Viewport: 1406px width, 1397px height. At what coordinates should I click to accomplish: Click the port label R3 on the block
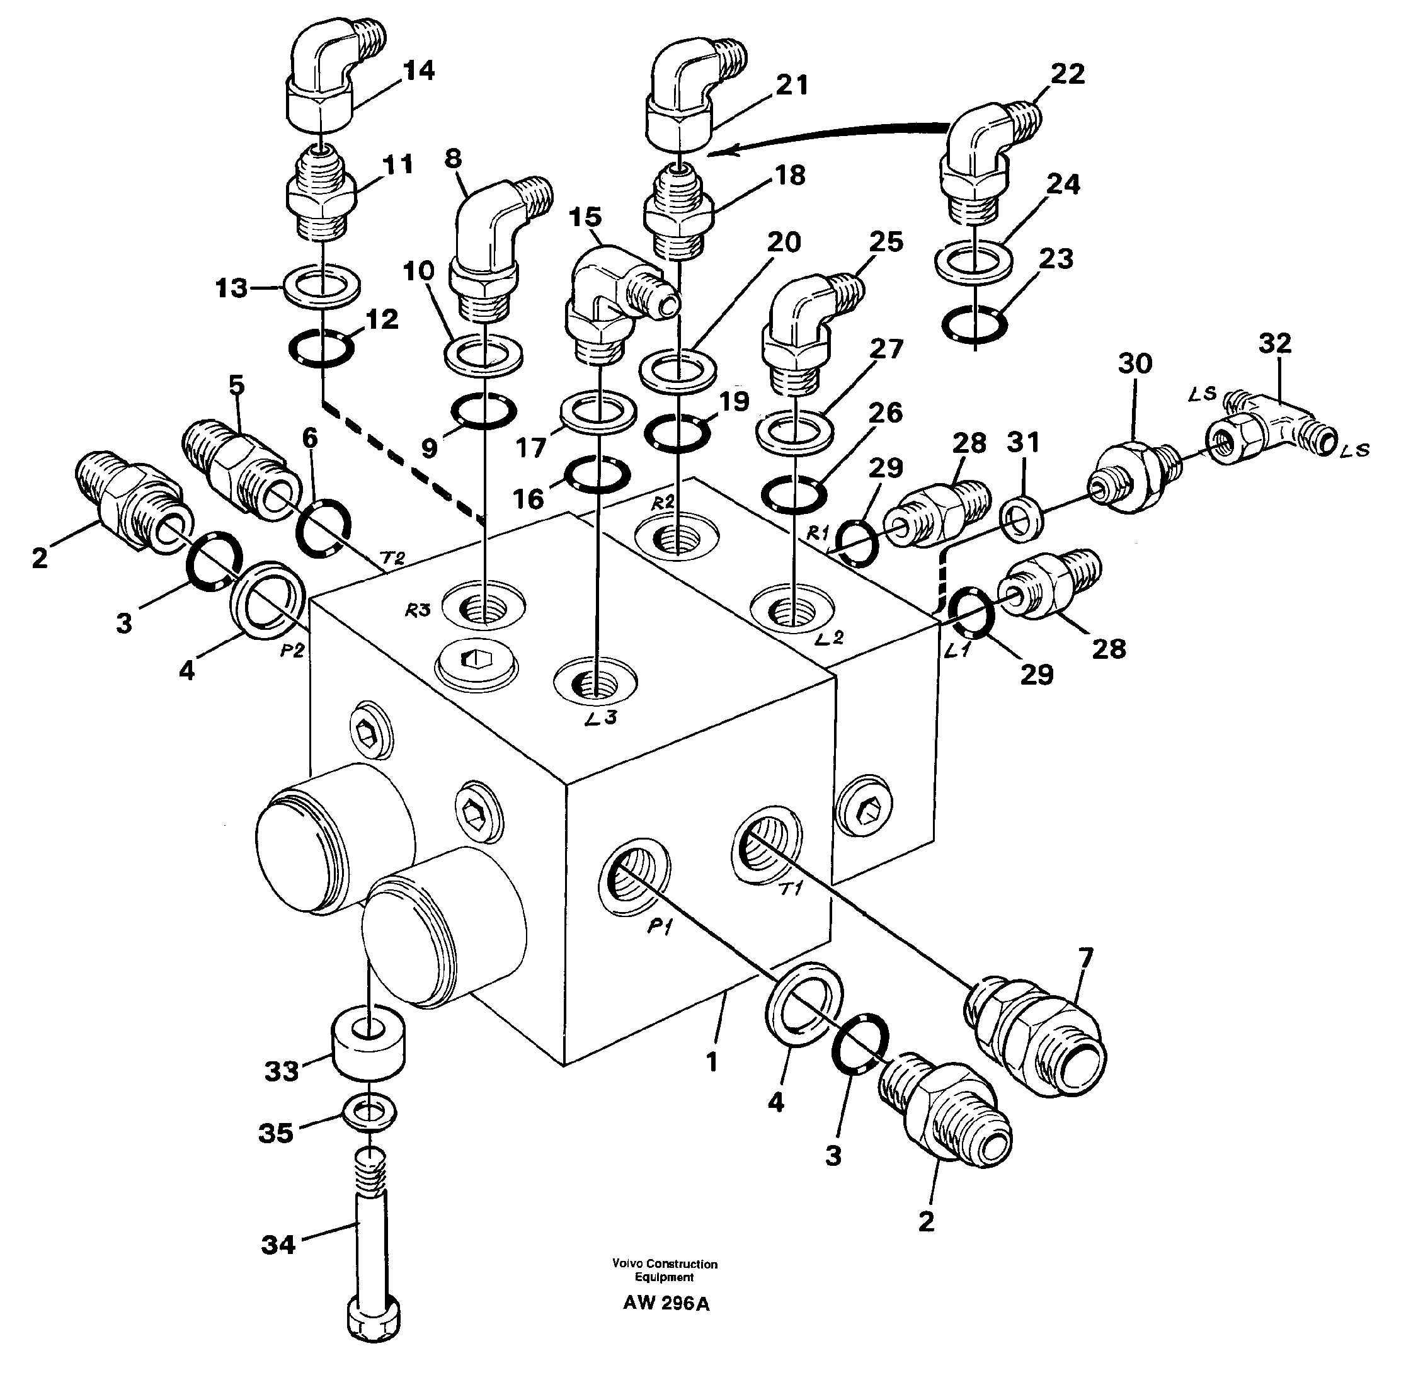coord(418,610)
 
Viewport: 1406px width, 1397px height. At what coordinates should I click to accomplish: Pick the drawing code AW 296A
coord(665,1303)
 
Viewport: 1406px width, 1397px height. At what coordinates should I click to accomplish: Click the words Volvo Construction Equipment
coord(665,1270)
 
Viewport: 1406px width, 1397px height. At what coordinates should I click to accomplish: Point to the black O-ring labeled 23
coord(974,324)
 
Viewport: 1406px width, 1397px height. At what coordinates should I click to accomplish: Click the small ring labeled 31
coord(1022,521)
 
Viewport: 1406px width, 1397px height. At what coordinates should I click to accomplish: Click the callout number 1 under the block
coord(712,1063)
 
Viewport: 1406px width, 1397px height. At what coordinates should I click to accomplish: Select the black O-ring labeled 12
coord(321,348)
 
